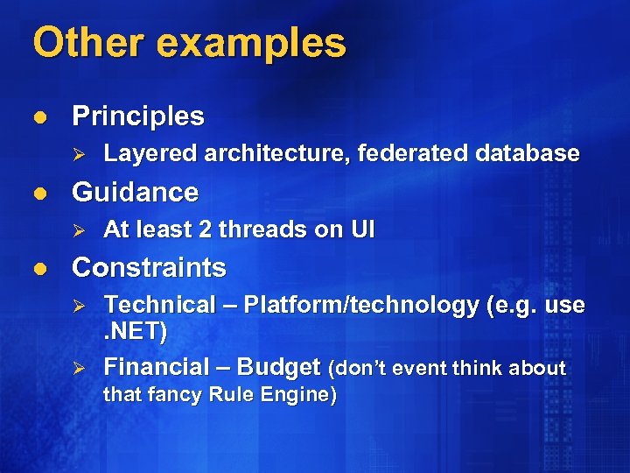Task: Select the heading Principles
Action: tap(138, 116)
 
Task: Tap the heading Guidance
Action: tap(135, 192)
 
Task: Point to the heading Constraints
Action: tap(149, 267)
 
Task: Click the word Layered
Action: tap(150, 154)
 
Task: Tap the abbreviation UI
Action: tap(363, 230)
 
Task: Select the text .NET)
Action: tap(135, 333)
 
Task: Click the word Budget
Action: tap(277, 368)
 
